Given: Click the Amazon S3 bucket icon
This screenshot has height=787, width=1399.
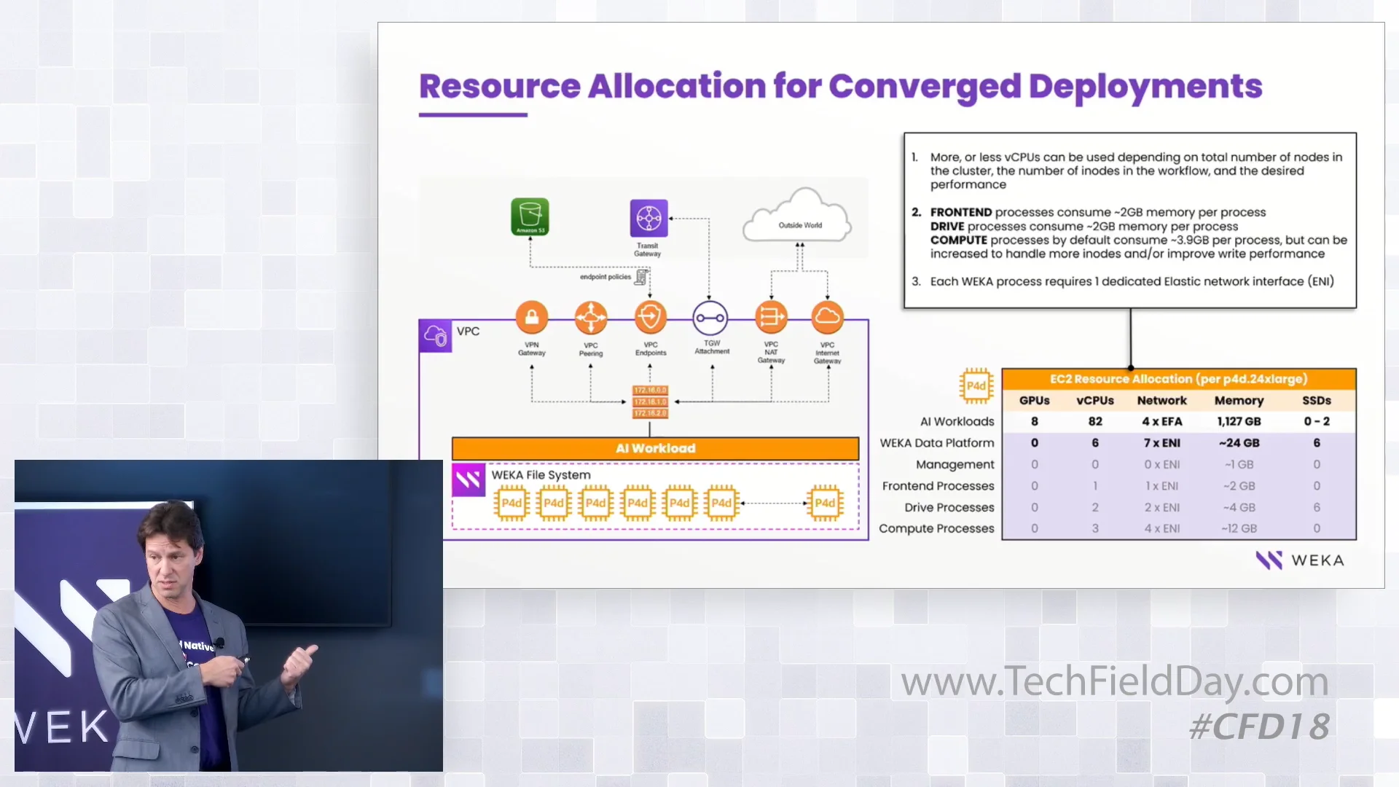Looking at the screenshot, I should point(530,216).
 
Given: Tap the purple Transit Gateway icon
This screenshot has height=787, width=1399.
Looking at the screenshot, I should point(648,218).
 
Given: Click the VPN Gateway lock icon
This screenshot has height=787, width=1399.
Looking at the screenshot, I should point(532,318).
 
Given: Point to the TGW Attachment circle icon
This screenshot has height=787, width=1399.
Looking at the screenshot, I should point(710,318).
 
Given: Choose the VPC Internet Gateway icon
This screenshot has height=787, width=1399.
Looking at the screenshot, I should point(827,317).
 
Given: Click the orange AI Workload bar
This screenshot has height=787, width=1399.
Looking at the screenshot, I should point(655,448).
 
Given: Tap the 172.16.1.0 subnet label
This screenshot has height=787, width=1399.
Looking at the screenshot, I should point(649,402).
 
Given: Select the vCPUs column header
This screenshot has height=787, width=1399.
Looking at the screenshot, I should point(1094,400).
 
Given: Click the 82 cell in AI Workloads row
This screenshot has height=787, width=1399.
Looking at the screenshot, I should point(1094,421).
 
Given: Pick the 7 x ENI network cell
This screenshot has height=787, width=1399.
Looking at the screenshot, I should point(1161,442).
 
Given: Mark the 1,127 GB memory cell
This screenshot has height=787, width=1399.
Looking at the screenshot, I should point(1239,421).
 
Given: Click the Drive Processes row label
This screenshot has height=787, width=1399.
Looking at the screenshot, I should point(949,507).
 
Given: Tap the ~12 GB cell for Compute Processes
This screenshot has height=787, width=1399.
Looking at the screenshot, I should point(1239,528).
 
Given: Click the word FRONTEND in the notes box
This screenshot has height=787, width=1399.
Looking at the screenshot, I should point(960,212).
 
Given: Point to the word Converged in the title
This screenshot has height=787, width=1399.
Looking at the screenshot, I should point(924,87).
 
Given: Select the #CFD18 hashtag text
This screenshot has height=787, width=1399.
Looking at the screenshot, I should point(1259,727).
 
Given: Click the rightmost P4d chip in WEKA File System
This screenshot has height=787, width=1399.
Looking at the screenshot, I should point(825,503).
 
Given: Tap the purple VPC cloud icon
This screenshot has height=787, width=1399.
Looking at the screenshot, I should point(436,336).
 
